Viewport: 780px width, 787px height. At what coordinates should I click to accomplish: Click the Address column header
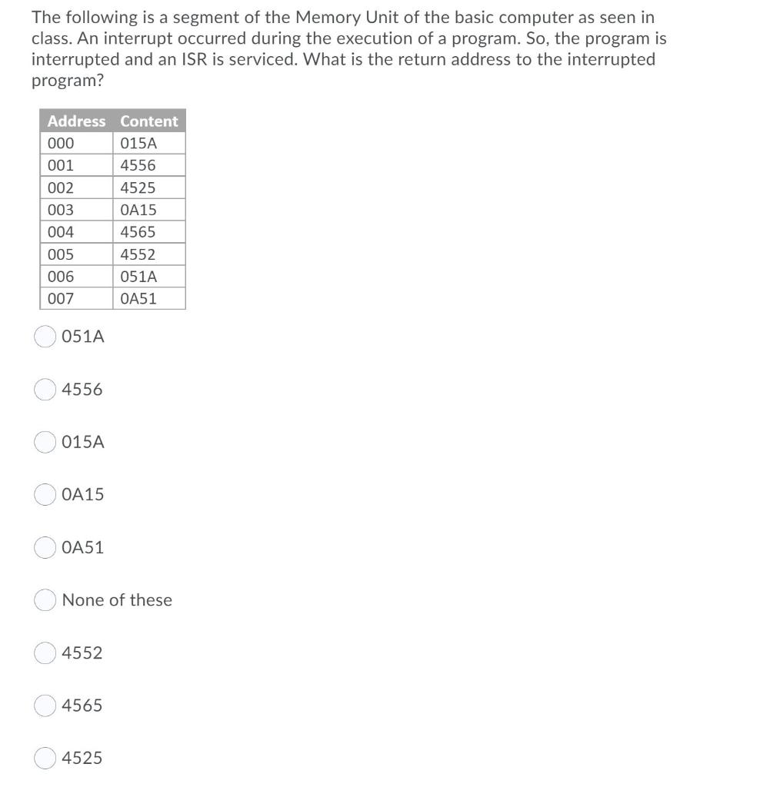(x=76, y=121)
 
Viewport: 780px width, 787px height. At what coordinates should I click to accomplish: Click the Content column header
(x=148, y=121)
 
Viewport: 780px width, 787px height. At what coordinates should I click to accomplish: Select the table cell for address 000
(x=77, y=144)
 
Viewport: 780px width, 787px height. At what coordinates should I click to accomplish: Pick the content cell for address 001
(x=150, y=165)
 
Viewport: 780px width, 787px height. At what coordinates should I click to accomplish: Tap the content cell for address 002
(x=150, y=188)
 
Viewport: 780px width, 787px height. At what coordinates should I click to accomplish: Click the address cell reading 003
(x=77, y=210)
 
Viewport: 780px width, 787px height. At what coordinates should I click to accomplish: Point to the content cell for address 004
(x=150, y=232)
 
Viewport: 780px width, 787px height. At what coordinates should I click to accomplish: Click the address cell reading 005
(x=77, y=254)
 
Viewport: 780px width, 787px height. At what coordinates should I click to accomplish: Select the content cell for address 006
(x=150, y=277)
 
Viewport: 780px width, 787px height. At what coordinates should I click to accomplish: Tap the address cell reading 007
(x=77, y=299)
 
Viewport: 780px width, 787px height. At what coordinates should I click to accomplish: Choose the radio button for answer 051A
(x=45, y=337)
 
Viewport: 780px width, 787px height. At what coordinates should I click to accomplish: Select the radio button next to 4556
(x=45, y=390)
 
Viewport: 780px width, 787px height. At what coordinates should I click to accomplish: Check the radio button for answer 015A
(x=45, y=442)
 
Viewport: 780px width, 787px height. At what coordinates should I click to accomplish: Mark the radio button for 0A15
(x=45, y=495)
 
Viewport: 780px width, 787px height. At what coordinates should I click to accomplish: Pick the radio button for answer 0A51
(x=45, y=547)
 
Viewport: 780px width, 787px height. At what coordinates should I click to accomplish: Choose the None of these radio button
(x=45, y=600)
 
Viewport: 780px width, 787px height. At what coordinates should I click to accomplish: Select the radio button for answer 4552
(x=45, y=653)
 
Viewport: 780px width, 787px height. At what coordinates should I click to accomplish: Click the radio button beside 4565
(x=45, y=706)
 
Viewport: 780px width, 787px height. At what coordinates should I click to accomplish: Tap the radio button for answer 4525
(x=45, y=758)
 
